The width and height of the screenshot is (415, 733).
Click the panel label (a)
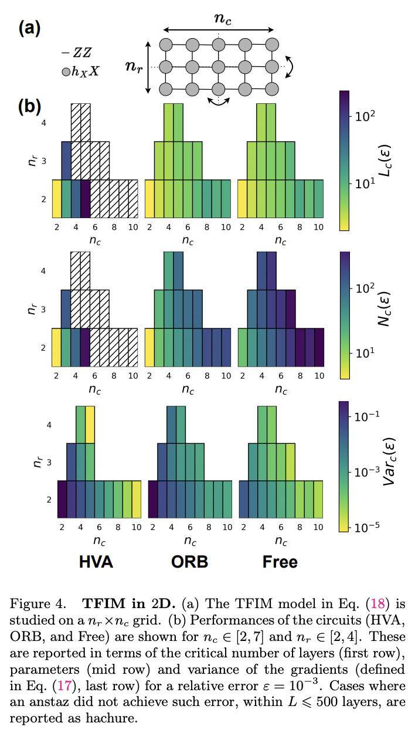tap(29, 28)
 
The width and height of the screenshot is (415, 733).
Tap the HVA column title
tap(96, 562)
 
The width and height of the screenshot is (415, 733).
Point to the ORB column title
tap(189, 562)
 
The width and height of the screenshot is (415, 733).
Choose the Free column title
tap(280, 562)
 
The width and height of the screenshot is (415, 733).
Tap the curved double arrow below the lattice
tap(218, 102)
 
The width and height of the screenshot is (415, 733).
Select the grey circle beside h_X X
tap(66, 73)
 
